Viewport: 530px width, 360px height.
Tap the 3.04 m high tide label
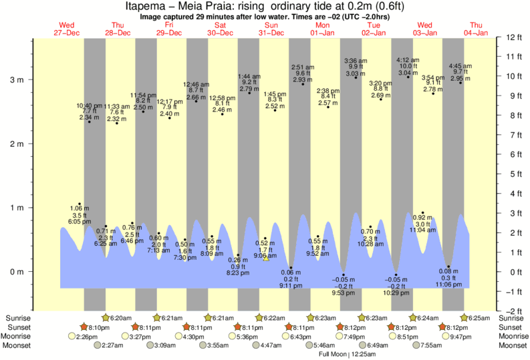(408, 73)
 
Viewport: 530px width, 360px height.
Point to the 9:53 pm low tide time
(344, 293)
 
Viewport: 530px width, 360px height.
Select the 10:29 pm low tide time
(396, 293)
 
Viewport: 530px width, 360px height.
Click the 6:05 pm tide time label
(79, 221)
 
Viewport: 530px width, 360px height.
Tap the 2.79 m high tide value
(249, 89)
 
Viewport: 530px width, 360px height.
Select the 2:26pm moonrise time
(88, 337)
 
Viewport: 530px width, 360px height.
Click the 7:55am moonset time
(432, 346)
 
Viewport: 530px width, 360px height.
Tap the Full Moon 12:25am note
(346, 355)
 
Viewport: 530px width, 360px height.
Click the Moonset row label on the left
(18, 346)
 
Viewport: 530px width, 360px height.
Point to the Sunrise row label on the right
(512, 318)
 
